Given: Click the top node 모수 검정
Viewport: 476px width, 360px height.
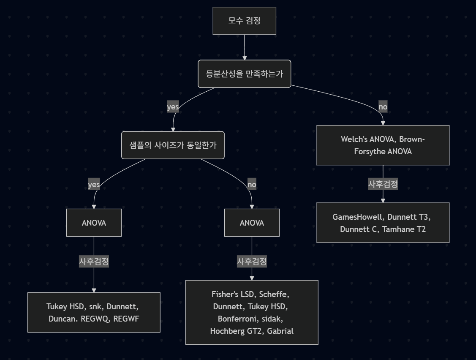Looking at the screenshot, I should click(244, 21).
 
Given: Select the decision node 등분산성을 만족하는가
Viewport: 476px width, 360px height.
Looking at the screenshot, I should click(244, 74).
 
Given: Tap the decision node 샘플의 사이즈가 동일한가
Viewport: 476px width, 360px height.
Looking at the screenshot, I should click(173, 145).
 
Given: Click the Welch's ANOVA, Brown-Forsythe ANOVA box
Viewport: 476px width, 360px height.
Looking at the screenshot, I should click(383, 145).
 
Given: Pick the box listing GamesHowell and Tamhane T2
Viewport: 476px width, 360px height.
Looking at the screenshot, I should click(383, 223).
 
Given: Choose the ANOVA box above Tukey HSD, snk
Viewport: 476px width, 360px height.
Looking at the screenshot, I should click(94, 223).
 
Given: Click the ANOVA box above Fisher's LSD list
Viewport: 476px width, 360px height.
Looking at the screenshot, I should click(252, 223).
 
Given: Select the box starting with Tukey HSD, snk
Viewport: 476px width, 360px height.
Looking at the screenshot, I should click(94, 312).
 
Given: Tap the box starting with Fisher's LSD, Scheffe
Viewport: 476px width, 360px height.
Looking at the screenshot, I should click(252, 312).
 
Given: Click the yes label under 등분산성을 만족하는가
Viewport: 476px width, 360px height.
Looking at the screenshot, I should click(173, 107).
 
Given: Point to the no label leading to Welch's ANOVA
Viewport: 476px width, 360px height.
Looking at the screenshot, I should click(383, 107).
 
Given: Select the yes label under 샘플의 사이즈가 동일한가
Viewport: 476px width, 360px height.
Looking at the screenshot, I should click(94, 185).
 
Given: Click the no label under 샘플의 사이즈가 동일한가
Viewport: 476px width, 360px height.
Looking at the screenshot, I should click(252, 185).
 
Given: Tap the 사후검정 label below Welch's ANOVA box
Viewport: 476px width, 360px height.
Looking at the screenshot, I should click(383, 184).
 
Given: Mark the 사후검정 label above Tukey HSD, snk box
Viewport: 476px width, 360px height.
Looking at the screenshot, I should click(94, 262).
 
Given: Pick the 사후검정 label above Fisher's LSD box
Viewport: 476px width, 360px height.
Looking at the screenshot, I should click(252, 262).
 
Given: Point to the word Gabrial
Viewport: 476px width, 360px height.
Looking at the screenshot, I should click(280, 331).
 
